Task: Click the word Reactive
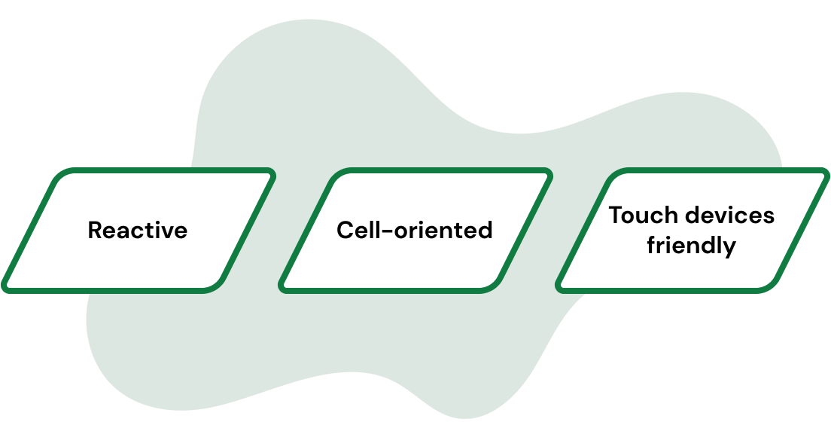click(x=138, y=230)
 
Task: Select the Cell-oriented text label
click(x=414, y=230)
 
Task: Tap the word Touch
click(x=641, y=216)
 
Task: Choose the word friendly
click(x=691, y=246)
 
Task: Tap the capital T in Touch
click(x=616, y=216)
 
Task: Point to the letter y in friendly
click(x=729, y=249)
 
